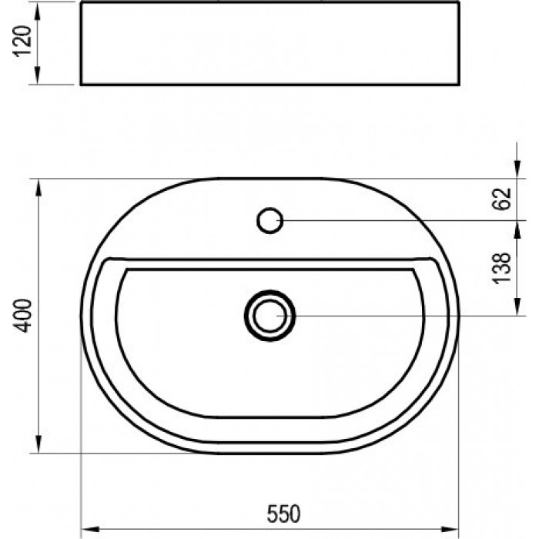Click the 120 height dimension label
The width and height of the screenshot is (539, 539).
point(22,41)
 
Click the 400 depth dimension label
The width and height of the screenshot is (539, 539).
point(22,316)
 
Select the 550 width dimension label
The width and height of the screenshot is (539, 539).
point(283,514)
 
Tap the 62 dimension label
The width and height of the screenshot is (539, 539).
point(502,199)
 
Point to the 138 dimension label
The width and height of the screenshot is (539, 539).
point(502,268)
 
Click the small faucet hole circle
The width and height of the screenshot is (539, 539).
point(269,221)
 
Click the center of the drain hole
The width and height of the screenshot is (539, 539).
point(269,316)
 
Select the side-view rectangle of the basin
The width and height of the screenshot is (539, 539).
point(269,43)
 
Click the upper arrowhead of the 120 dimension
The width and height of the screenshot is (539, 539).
point(37,12)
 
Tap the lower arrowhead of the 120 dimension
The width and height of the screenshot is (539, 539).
point(37,75)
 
